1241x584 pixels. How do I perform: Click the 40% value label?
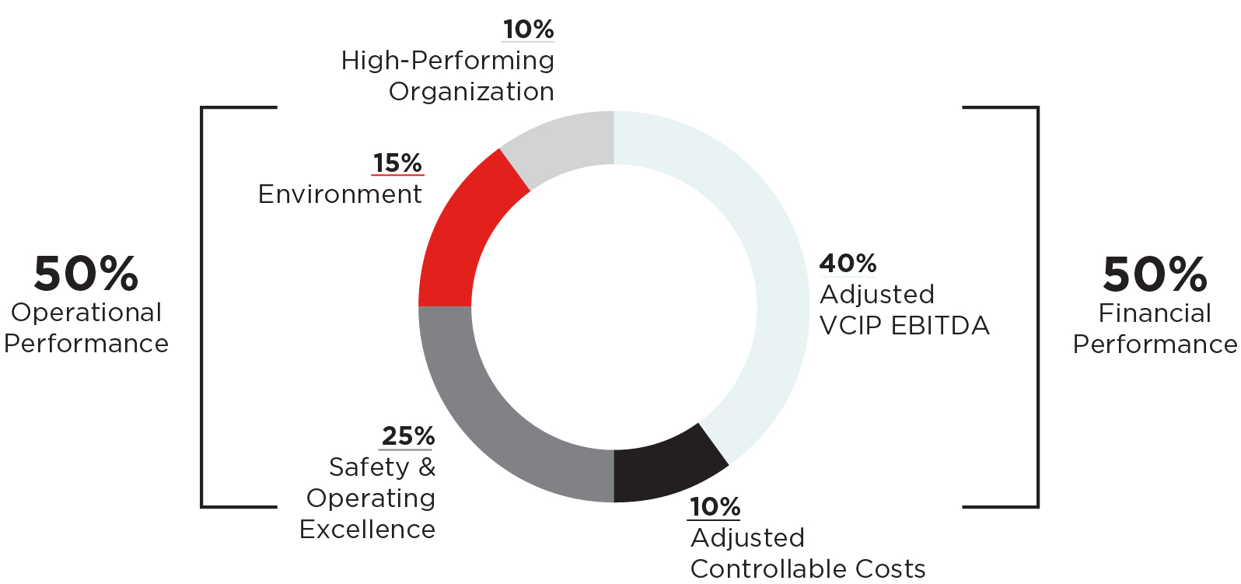[848, 264]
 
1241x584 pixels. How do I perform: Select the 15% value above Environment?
[397, 163]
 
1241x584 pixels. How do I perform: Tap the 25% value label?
[407, 436]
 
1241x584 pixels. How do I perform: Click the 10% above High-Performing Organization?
[528, 30]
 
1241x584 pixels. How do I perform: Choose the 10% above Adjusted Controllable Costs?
[715, 507]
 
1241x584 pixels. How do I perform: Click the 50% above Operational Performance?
[86, 274]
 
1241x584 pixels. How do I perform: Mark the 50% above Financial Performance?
[1155, 275]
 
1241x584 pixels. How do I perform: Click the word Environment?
[340, 194]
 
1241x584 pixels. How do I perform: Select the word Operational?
[86, 313]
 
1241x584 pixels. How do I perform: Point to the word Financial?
[1155, 313]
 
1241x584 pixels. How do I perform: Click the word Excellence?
[367, 530]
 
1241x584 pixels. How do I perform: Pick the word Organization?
[471, 92]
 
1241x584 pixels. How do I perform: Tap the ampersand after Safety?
[427, 467]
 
